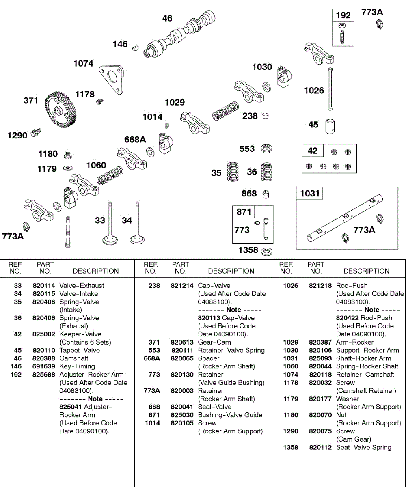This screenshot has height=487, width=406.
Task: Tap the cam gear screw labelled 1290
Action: [x=36, y=131]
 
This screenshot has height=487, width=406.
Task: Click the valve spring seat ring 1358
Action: [x=266, y=251]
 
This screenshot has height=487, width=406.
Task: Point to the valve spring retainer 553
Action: [x=266, y=149]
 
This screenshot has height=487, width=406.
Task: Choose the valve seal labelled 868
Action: [x=266, y=194]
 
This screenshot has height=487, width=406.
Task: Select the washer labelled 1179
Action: [x=67, y=168]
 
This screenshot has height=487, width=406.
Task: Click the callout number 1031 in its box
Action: [x=310, y=194]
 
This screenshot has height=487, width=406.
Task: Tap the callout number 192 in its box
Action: [x=343, y=15]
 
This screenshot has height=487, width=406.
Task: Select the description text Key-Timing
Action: [x=77, y=366]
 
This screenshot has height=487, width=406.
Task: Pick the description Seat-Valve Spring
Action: [x=364, y=448]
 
